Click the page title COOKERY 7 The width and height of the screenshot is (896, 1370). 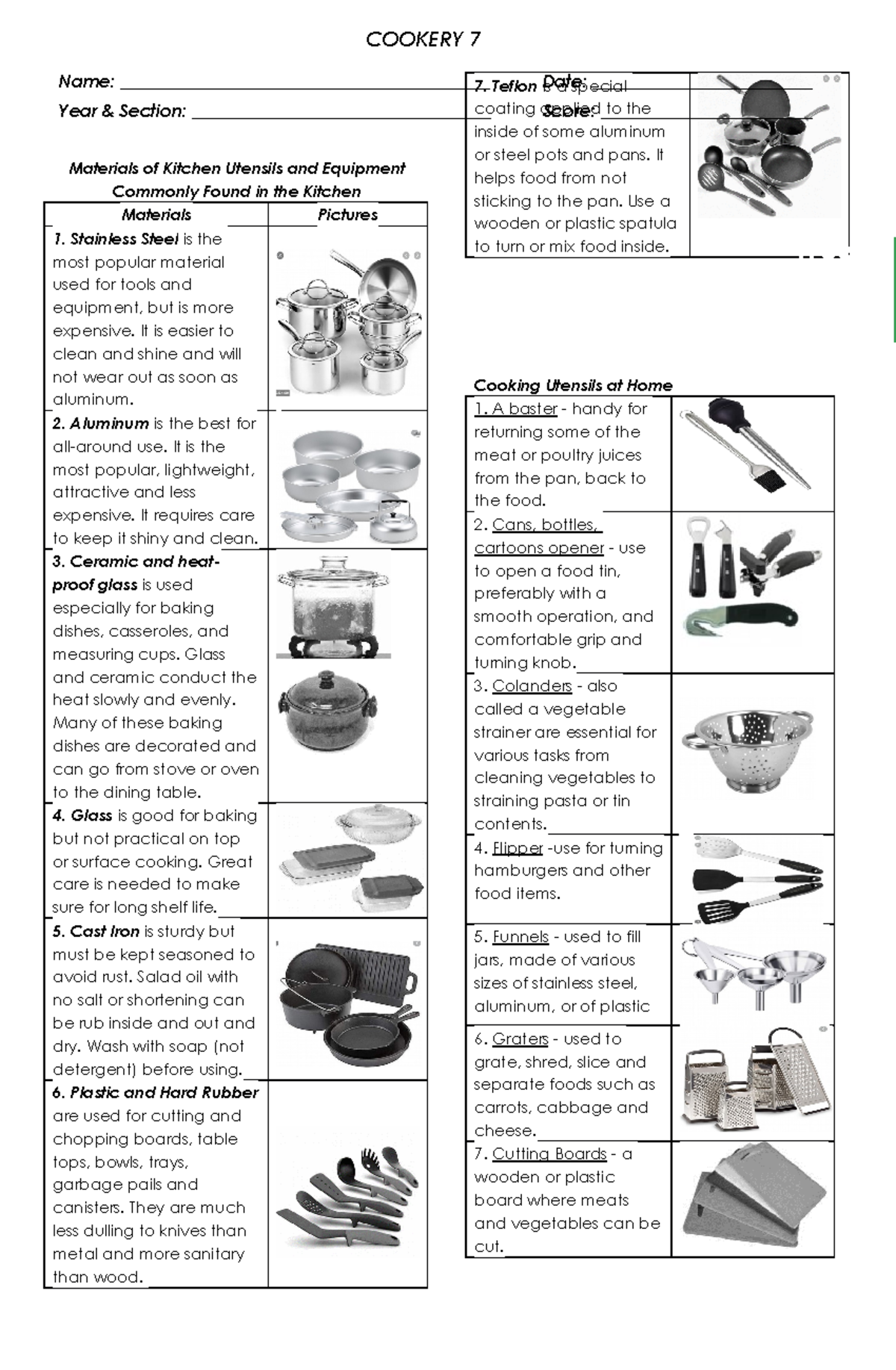coord(423,40)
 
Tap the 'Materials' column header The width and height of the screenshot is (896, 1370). coord(156,215)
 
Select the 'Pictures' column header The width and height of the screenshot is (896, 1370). coord(347,215)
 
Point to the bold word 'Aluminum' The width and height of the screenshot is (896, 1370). coord(109,424)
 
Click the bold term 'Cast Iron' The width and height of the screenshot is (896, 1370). coord(105,932)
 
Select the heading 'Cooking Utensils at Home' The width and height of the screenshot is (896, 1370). coord(573,386)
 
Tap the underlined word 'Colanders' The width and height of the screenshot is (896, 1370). coord(532,686)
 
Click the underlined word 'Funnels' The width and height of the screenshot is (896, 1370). coord(520,937)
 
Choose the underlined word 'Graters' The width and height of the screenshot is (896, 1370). coord(520,1039)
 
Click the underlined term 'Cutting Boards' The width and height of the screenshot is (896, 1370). coord(549,1154)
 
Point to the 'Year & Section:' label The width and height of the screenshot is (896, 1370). coord(122,111)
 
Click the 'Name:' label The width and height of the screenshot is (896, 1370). coord(86,81)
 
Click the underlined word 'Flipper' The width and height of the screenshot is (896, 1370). coord(517,849)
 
